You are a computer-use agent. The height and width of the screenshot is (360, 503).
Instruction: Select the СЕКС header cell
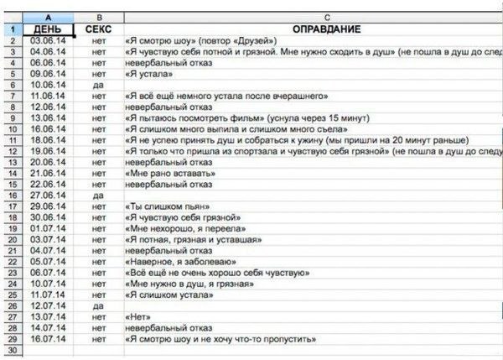pyautogui.click(x=99, y=29)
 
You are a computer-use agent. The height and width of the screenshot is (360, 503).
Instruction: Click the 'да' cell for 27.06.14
pyautogui.click(x=99, y=195)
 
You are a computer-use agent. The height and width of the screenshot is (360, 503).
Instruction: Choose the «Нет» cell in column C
pyautogui.click(x=138, y=316)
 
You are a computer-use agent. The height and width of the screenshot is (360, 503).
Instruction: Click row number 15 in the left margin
pyautogui.click(x=13, y=184)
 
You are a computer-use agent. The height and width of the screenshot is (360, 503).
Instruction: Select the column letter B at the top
pyautogui.click(x=99, y=17)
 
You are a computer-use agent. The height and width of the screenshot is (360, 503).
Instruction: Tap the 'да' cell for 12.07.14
pyautogui.click(x=99, y=305)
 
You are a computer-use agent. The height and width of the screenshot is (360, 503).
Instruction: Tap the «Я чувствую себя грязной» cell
pyautogui.click(x=180, y=217)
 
